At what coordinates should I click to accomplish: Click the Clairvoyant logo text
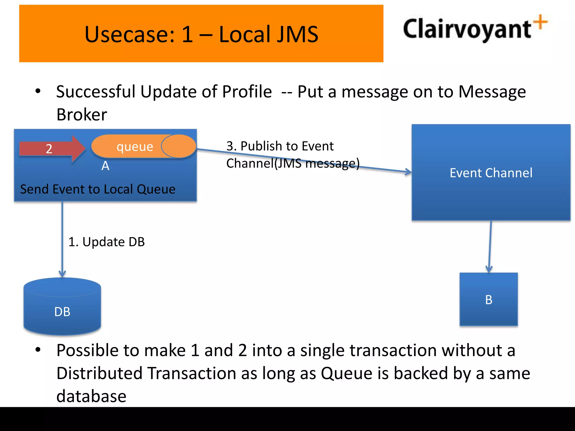[x=467, y=29]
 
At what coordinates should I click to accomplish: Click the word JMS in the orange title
[x=297, y=34]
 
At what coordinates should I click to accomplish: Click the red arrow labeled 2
[x=52, y=148]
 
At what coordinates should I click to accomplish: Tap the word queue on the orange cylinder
[x=135, y=146]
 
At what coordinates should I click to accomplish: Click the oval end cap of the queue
[x=178, y=146]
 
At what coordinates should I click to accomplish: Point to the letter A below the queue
[x=105, y=166]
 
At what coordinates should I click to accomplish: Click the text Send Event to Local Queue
[x=98, y=189]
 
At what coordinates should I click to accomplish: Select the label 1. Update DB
[x=106, y=242]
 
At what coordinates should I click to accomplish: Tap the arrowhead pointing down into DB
[x=62, y=274]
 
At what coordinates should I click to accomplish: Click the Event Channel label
[x=491, y=173]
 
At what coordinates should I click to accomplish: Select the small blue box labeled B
[x=489, y=299]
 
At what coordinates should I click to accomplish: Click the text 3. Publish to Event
[x=280, y=146]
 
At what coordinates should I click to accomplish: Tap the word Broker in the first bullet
[x=82, y=114]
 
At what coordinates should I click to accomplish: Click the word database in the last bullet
[x=91, y=396]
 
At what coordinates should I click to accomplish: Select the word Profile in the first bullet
[x=247, y=92]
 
